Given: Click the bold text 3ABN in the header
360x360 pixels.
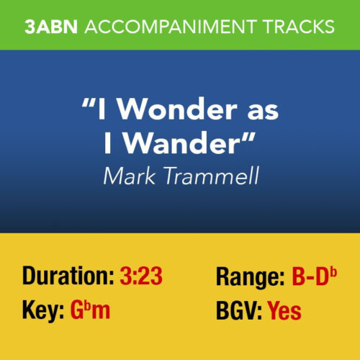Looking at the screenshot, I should tap(51, 27).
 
